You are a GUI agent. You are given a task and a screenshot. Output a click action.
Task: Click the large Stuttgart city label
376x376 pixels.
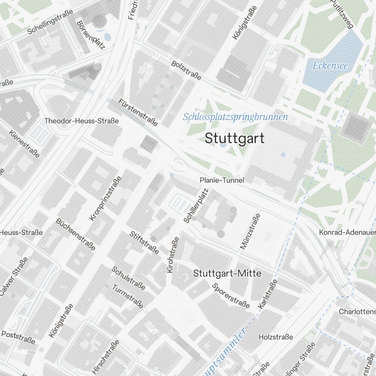tap(235, 138)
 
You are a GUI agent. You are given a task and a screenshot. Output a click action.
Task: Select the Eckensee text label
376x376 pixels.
tap(331, 66)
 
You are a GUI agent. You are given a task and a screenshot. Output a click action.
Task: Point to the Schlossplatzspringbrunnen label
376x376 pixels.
tap(235, 117)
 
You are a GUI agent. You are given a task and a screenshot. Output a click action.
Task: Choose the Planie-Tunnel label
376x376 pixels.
tap(222, 180)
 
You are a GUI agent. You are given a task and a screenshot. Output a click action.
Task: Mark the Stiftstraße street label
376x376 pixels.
tap(144, 243)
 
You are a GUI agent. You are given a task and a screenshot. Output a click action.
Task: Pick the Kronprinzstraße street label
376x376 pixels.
tap(105, 199)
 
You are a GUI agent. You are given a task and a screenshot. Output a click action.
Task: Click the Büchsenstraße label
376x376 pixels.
tap(76, 233)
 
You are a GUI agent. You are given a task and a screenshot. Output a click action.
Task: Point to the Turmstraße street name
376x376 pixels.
tap(128, 296)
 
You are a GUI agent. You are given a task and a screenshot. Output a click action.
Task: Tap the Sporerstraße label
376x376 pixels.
tap(231, 295)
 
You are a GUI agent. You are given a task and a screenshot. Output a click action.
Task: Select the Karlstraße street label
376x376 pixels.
tap(268, 294)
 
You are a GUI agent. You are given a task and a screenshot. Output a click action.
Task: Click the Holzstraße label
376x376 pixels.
tap(276, 337)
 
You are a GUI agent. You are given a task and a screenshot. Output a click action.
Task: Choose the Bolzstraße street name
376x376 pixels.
tap(186, 70)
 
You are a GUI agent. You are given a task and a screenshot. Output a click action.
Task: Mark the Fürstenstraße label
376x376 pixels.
tap(138, 112)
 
